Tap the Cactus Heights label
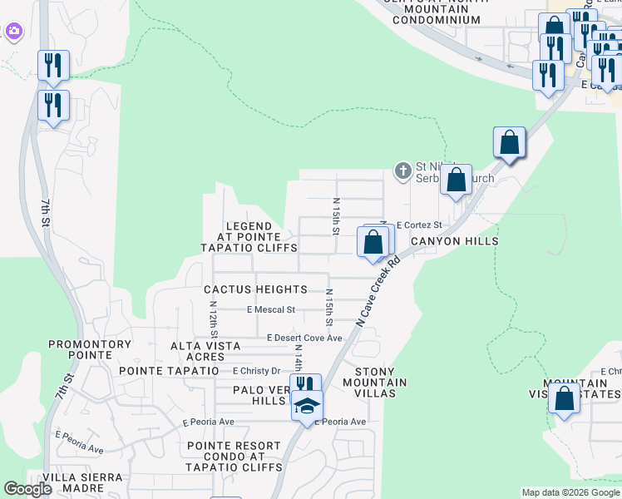tap(244, 289)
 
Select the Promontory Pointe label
tap(90, 349)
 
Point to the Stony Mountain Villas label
tap(381, 378)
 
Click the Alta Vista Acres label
tap(205, 351)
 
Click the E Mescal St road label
tap(271, 309)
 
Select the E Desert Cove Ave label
tap(304, 338)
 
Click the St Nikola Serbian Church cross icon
tap(402, 171)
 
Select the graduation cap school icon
tap(306, 406)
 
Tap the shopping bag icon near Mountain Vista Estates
tap(564, 398)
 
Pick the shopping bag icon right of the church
tap(456, 180)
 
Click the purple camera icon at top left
tap(12, 32)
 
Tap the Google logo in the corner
tap(28, 489)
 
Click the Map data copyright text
tap(570, 492)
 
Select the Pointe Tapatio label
tap(169, 370)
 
